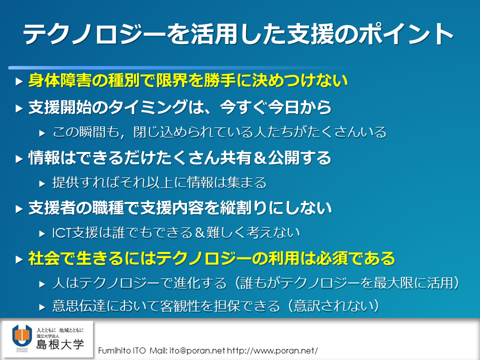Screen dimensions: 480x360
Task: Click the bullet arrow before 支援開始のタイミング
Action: [19, 108]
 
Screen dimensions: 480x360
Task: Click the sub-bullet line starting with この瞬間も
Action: [219, 132]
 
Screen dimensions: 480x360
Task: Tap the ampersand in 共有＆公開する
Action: [259, 158]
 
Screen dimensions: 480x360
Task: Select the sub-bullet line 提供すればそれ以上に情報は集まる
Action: [159, 182]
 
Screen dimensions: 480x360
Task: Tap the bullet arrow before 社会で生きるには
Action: [19, 259]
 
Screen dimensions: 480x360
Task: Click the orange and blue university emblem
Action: [21, 336]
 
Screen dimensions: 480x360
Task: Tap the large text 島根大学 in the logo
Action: [60, 344]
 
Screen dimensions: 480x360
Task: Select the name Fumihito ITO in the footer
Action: [122, 350]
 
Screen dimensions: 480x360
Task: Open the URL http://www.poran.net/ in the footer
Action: [272, 350]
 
